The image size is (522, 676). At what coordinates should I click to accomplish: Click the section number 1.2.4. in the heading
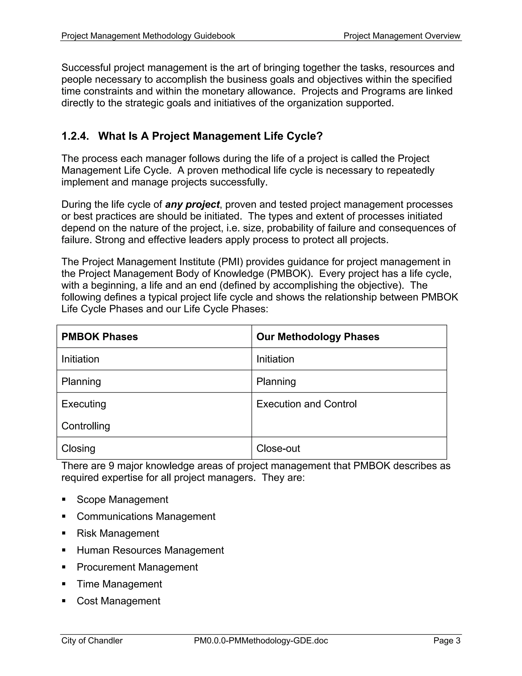point(75,136)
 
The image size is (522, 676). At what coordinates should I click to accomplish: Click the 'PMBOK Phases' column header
point(100,337)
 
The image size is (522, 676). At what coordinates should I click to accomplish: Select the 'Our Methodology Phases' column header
point(318,337)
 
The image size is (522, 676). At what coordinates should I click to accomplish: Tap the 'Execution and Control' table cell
point(306,404)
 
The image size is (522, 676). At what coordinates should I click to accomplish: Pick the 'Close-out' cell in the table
point(278,448)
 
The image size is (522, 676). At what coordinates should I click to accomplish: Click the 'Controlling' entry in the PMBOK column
point(86,426)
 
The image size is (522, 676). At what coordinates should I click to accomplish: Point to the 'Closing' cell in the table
point(78,448)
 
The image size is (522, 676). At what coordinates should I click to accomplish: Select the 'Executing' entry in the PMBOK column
point(84,404)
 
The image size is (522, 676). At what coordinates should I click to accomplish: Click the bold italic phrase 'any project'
point(192,205)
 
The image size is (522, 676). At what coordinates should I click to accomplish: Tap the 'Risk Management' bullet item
point(118,533)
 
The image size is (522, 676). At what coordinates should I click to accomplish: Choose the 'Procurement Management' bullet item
point(137,567)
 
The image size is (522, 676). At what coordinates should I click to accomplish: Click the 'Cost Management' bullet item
point(119,601)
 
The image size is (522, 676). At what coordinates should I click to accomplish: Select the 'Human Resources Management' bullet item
point(150,550)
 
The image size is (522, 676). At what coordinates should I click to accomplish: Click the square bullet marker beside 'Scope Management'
point(64,499)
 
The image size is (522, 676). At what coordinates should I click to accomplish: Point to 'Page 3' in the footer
point(447,641)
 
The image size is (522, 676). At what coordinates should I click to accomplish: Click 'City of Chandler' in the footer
point(92,641)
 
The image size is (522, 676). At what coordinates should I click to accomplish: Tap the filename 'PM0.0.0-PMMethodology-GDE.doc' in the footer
point(261,641)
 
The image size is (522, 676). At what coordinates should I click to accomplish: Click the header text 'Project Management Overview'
point(402,36)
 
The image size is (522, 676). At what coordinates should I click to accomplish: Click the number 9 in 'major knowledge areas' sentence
point(112,466)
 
